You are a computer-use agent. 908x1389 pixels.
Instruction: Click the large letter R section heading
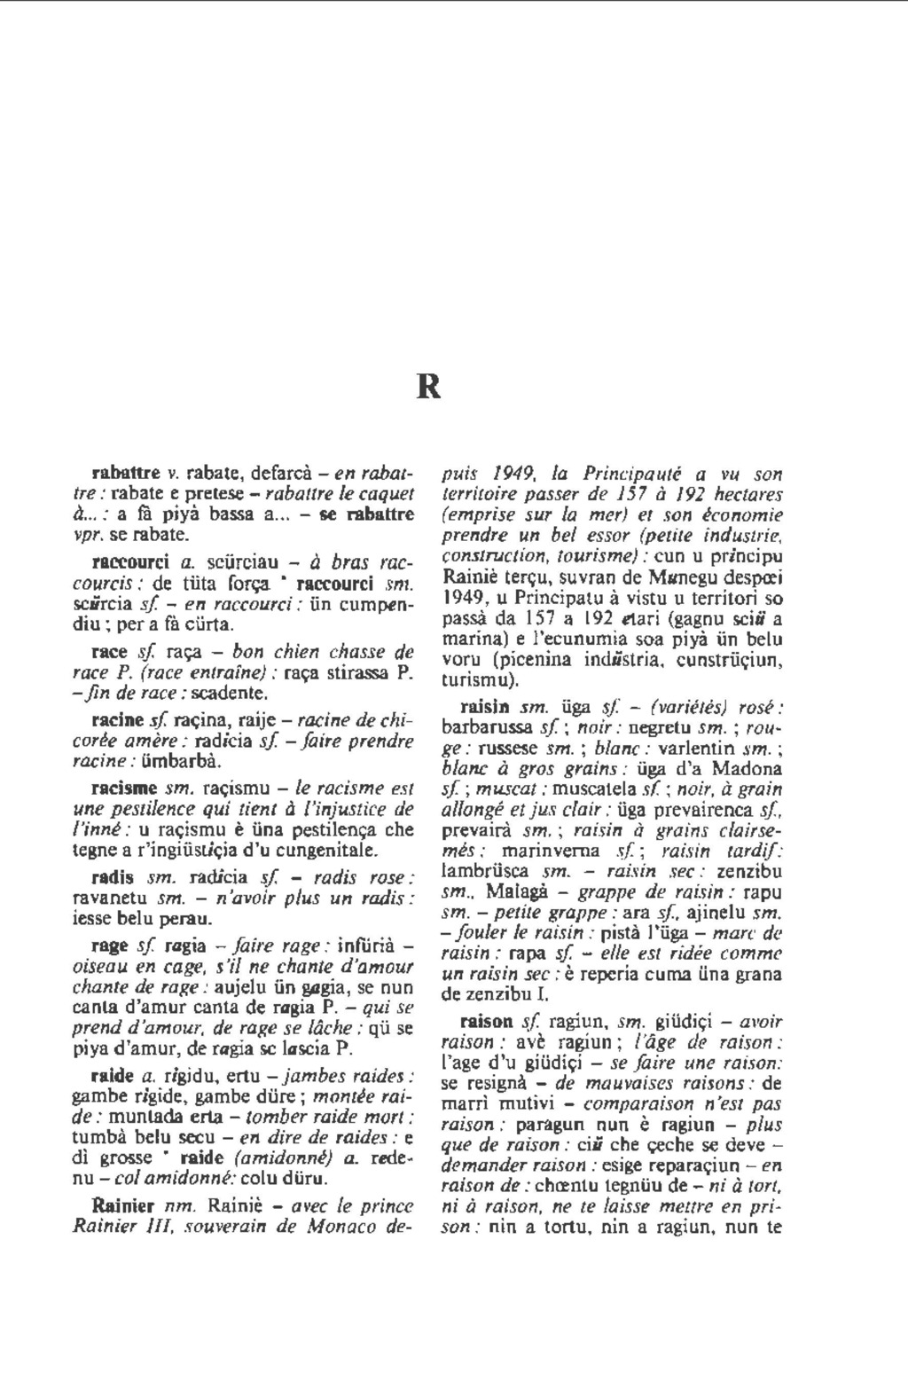[429, 388]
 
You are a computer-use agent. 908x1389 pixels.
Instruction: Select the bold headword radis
[113, 877]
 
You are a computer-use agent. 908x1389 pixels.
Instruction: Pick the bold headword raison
[489, 1021]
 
